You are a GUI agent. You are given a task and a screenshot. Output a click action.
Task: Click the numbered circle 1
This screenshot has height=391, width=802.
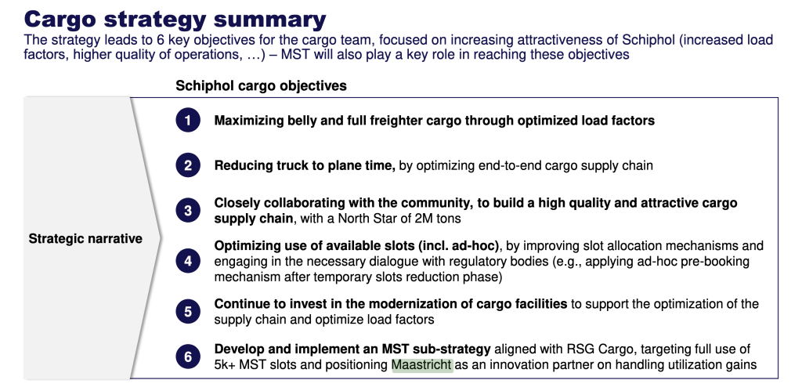click(188, 121)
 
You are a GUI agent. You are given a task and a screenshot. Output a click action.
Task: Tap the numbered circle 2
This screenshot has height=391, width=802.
click(188, 165)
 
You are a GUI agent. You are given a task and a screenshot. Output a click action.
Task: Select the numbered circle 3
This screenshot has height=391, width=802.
click(188, 210)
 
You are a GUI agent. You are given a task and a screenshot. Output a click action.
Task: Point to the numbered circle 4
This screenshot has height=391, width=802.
click(188, 261)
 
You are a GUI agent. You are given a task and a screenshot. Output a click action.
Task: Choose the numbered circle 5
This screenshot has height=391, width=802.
click(188, 311)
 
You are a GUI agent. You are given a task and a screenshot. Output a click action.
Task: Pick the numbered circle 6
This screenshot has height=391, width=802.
click(188, 357)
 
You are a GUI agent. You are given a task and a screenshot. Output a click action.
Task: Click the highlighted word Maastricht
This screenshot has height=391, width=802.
click(422, 365)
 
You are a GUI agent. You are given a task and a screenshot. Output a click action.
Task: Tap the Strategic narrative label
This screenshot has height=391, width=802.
click(85, 238)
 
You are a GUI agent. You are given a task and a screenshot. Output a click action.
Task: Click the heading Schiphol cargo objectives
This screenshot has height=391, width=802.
click(261, 85)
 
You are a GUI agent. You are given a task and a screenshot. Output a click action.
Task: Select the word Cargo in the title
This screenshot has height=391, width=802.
click(60, 20)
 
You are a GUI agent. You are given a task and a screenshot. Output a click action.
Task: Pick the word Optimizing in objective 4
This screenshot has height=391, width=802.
click(244, 246)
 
